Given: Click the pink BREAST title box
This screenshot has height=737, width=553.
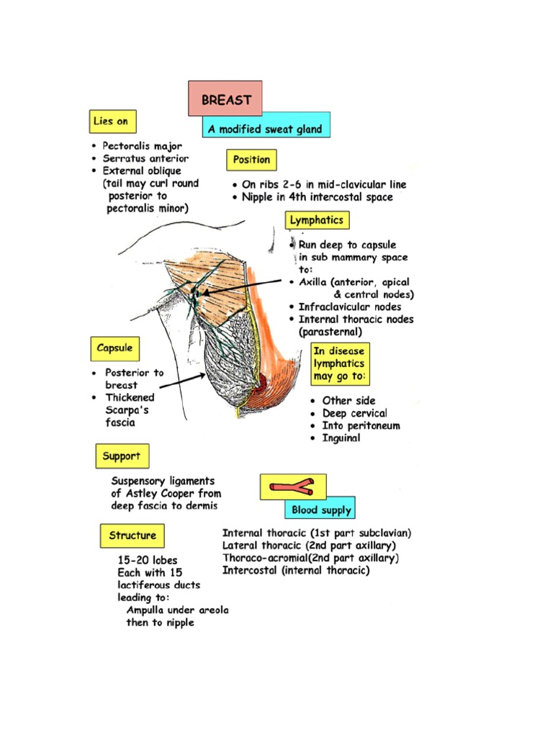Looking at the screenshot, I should pyautogui.click(x=225, y=99).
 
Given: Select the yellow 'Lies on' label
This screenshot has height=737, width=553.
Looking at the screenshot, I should pyautogui.click(x=112, y=122).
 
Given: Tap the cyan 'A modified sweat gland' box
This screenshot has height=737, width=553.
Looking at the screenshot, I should pyautogui.click(x=266, y=130).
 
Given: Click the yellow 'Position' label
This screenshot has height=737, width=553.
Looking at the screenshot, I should pyautogui.click(x=251, y=160).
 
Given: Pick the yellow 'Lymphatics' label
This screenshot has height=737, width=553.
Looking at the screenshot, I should pyautogui.click(x=316, y=220).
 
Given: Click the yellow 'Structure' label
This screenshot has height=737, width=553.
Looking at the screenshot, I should pyautogui.click(x=132, y=535).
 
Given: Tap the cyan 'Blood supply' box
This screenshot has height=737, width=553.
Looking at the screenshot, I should pyautogui.click(x=321, y=510).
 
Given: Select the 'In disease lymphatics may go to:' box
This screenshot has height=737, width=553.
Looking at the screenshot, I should pyautogui.click(x=339, y=363).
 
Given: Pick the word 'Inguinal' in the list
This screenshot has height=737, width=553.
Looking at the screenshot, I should pyautogui.click(x=341, y=438).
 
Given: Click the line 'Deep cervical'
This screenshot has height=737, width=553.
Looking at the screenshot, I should pyautogui.click(x=354, y=413).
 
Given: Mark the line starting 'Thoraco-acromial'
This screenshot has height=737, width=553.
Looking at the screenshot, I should pyautogui.click(x=310, y=558).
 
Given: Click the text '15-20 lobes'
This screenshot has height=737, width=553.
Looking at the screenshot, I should pyautogui.click(x=148, y=560).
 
